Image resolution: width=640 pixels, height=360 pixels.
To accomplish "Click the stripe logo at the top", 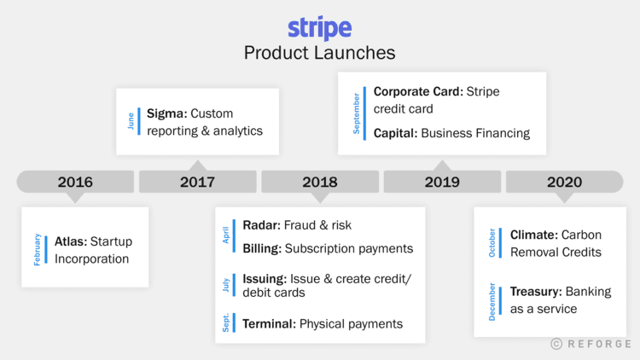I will [x=319, y=27].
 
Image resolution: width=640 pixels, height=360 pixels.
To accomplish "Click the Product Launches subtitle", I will [x=319, y=52].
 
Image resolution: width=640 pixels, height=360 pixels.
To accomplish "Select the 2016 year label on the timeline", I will [x=75, y=182].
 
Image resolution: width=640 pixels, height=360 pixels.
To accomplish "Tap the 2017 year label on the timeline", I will [x=197, y=182].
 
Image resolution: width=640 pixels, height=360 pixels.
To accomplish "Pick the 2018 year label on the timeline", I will [x=319, y=182].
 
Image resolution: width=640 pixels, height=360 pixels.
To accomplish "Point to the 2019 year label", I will [x=441, y=182].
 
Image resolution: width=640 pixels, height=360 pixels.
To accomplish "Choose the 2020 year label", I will [x=564, y=182].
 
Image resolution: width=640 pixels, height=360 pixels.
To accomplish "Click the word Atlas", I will [x=70, y=241].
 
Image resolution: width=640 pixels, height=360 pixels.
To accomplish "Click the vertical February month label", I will [x=38, y=249].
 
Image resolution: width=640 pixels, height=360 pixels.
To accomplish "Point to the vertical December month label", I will [x=493, y=299].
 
